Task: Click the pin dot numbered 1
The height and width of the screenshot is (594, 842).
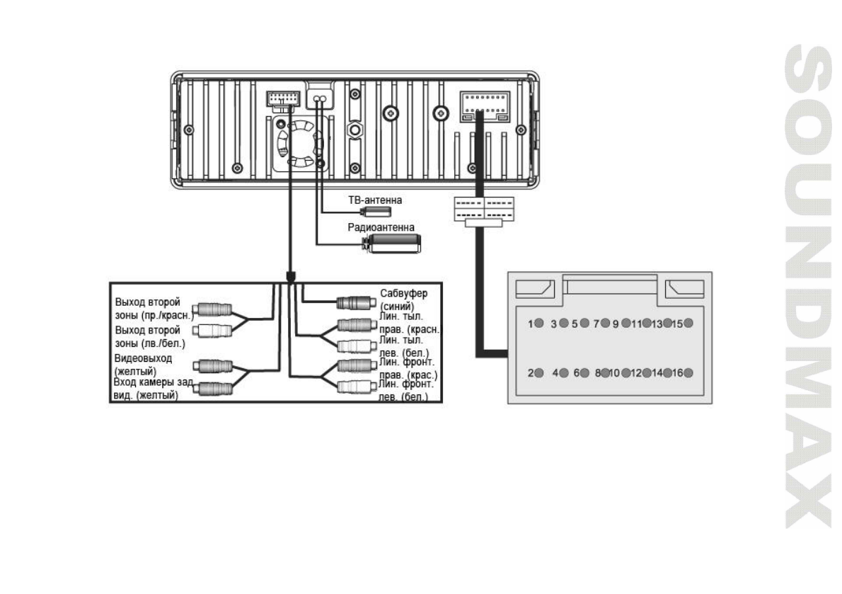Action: click(540, 324)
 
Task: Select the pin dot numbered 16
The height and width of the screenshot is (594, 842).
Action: click(688, 373)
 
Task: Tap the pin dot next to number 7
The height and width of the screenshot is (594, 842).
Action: click(605, 324)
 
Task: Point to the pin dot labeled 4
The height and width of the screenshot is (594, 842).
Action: click(564, 373)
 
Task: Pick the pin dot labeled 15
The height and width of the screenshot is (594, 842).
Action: click(688, 324)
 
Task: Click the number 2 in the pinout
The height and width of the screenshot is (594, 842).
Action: click(531, 373)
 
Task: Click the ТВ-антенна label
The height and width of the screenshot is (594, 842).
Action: click(374, 201)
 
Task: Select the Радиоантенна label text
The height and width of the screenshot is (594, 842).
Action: click(380, 227)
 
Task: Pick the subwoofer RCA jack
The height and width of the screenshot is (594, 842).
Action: click(351, 303)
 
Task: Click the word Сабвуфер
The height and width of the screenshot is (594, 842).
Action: click(400, 292)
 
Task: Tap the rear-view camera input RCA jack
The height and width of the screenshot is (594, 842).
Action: click(212, 387)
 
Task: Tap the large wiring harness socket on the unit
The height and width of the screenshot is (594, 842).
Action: click(484, 104)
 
